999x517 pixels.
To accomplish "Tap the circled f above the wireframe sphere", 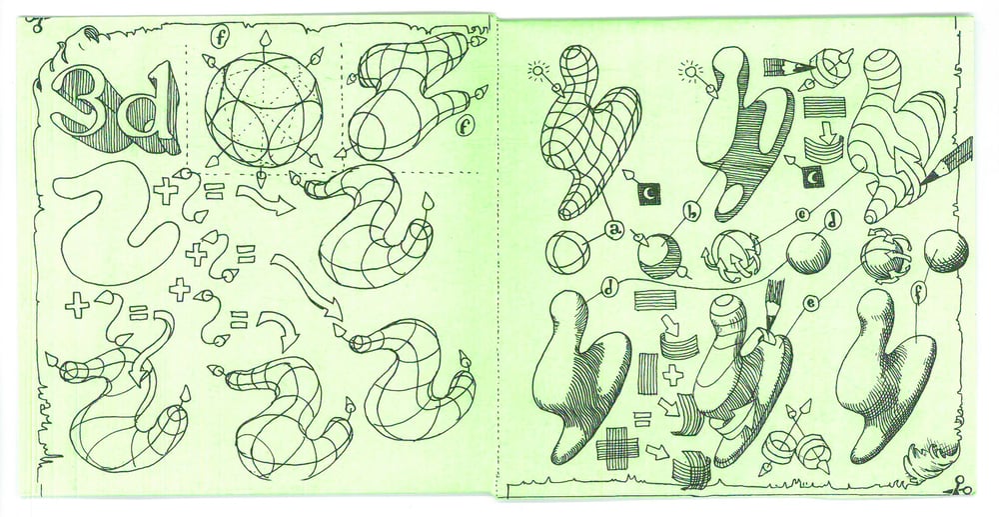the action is pyautogui.click(x=221, y=38).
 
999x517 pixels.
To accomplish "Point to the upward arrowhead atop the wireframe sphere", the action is pyautogui.click(x=263, y=37).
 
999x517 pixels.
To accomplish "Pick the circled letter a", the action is pyautogui.click(x=613, y=229).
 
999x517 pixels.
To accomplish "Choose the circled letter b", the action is pyautogui.click(x=692, y=210).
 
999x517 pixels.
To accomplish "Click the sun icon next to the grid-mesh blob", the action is pyautogui.click(x=539, y=71).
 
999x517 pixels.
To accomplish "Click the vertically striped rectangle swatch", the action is pyautogui.click(x=647, y=373).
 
